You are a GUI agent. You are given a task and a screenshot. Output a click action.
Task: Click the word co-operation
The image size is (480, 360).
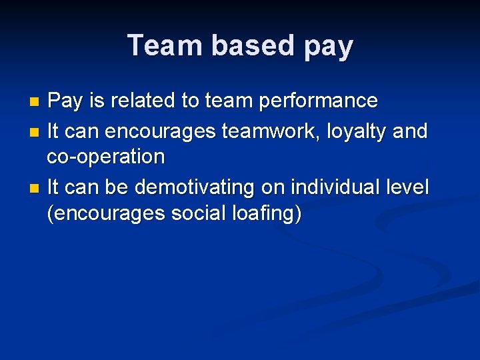(105, 157)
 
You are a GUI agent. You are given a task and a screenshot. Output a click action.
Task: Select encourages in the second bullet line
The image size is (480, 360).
(160, 132)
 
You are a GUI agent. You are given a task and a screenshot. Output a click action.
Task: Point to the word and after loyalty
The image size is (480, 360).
(411, 131)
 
